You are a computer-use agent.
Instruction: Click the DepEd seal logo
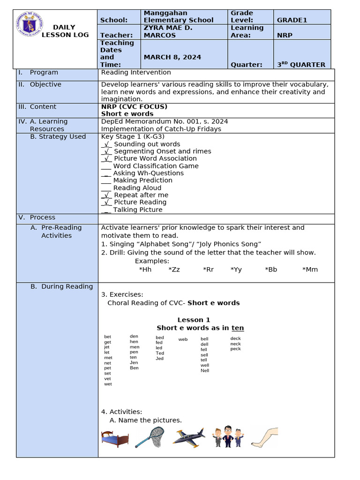click(30, 25)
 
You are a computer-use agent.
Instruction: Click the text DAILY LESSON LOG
click(70, 31)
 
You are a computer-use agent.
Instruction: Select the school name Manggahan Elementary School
click(178, 16)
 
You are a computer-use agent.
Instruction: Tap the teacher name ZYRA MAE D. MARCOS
click(168, 31)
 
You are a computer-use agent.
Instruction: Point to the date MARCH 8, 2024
click(172, 57)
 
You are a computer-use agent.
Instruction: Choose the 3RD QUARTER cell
click(300, 65)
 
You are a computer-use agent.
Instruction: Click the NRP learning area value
click(285, 35)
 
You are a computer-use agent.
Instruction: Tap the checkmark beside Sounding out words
click(106, 144)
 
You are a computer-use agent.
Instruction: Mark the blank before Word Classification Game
click(106, 166)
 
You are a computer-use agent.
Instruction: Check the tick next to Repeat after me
click(106, 195)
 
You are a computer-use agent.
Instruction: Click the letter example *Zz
click(174, 270)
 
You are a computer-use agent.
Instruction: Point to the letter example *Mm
click(310, 270)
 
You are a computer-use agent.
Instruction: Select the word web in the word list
click(183, 339)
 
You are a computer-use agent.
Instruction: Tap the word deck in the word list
click(235, 338)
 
